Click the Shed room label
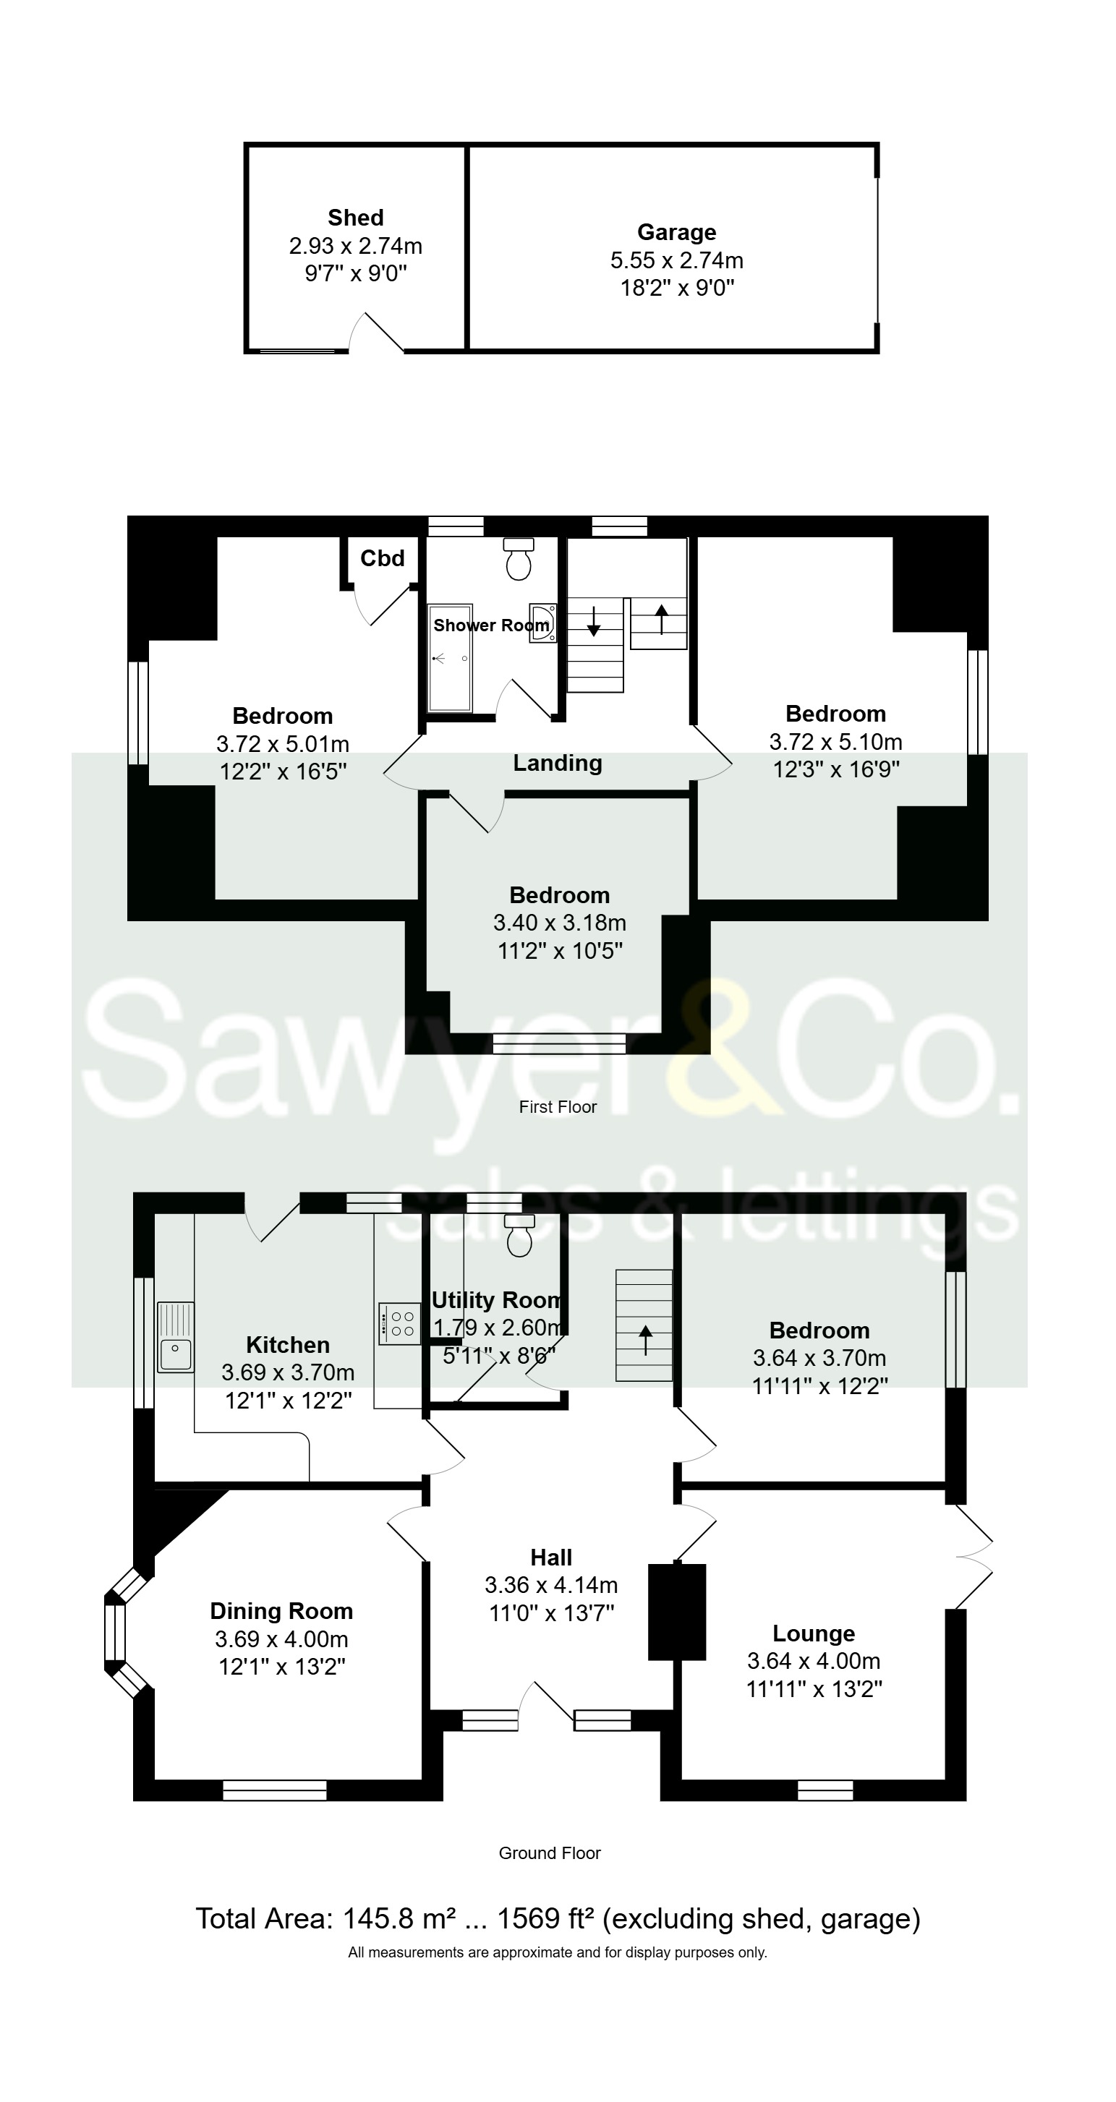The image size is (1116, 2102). coord(355,218)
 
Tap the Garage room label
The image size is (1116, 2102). coord(676,233)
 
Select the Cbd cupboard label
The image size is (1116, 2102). coord(382,558)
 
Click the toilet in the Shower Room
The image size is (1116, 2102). coord(519,559)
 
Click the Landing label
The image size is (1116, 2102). coord(558,763)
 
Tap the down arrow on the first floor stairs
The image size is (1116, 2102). coord(594,621)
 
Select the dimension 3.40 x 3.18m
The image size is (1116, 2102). coord(559,923)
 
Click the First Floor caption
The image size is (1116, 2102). coord(558,1107)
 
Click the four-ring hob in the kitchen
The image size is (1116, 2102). coord(400,1323)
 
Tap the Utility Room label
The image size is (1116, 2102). coord(495,1301)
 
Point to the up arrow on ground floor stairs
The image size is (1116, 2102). coord(645,1340)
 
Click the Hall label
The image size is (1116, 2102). coord(551,1558)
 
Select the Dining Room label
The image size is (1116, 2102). coord(281,1611)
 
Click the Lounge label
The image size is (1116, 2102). coord(814,1633)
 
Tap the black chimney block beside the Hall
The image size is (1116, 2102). coord(677,1612)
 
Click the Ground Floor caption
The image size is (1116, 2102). coord(550,1853)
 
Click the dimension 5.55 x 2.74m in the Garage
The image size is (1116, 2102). coord(676,260)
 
